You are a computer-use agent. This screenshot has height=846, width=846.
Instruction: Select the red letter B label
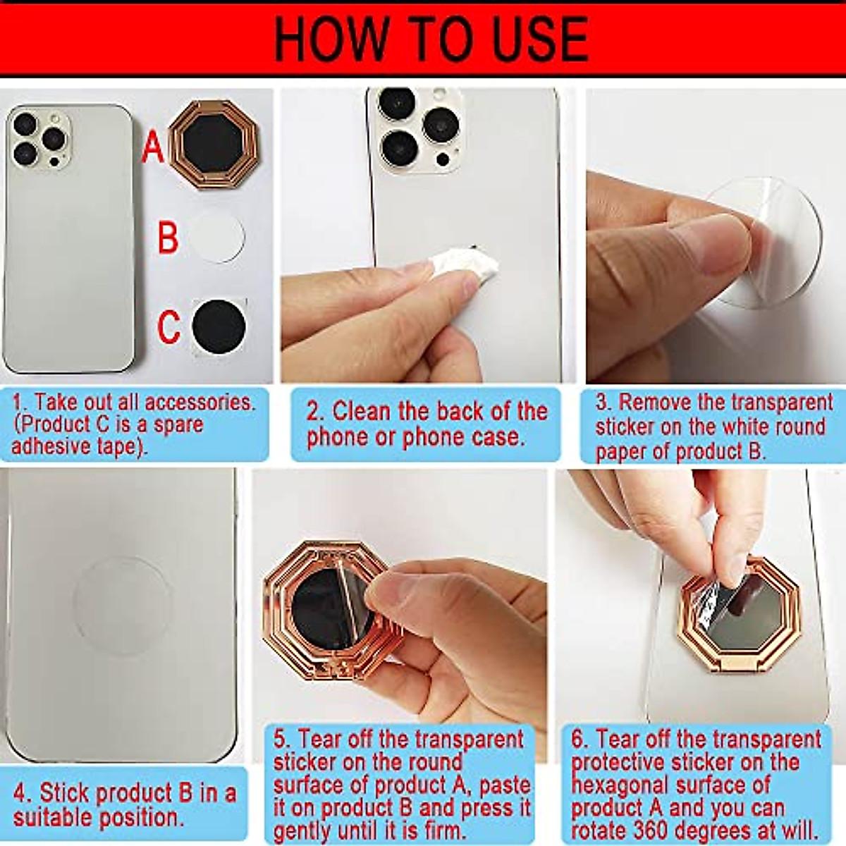point(168,238)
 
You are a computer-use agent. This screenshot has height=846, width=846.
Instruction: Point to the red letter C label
point(168,326)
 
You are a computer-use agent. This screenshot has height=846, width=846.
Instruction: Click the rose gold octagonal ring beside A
point(214,145)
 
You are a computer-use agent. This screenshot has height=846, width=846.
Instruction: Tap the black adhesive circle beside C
point(219,326)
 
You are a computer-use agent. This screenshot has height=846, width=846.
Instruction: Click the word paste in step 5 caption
point(506,785)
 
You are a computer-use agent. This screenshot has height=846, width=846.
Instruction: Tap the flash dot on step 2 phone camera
point(442,159)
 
